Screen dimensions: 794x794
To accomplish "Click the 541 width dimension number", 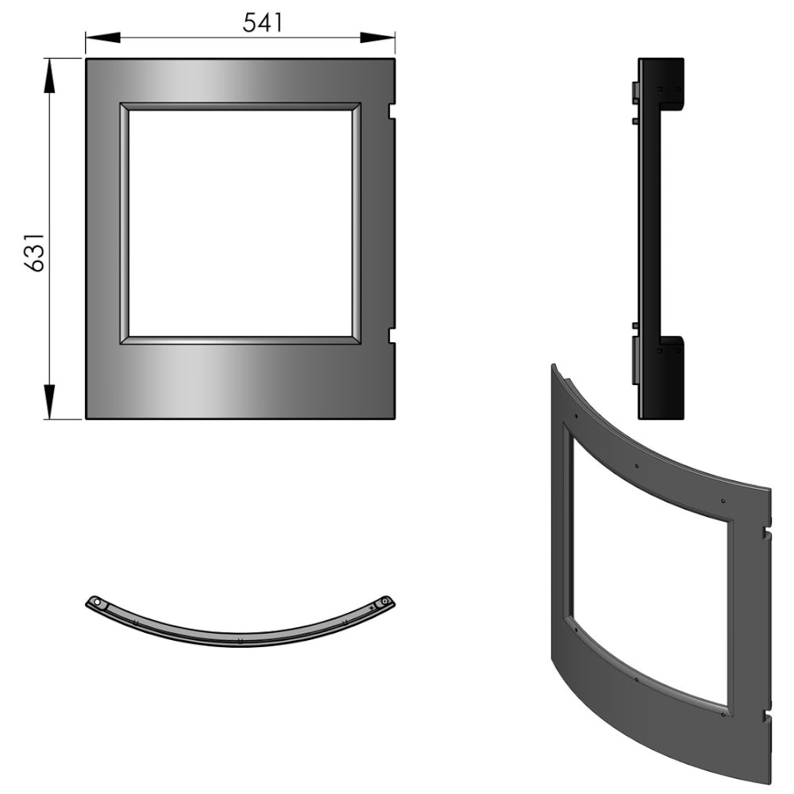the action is click(262, 22).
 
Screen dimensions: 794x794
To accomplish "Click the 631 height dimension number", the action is click(34, 253).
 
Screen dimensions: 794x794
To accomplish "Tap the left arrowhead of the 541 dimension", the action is click(103, 37).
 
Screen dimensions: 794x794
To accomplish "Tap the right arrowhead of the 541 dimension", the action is click(377, 37).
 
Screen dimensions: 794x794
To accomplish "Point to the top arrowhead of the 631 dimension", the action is click(49, 76).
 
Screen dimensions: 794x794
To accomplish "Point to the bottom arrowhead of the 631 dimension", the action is click(49, 402).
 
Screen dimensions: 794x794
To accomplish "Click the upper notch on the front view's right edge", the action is click(391, 111).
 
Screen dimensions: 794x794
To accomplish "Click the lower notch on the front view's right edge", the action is click(391, 335).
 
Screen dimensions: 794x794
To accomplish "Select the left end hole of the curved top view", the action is click(97, 600).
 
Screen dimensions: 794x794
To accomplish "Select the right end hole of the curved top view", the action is click(385, 600).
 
